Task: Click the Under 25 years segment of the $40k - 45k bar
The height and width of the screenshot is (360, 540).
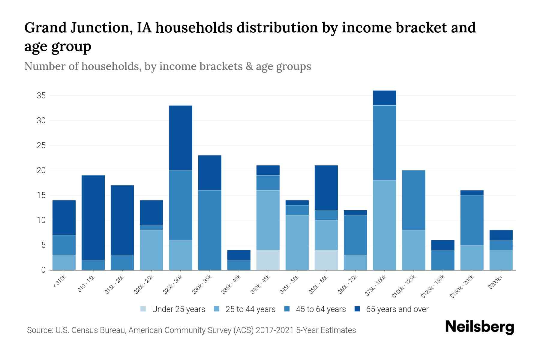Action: pyautogui.click(x=268, y=260)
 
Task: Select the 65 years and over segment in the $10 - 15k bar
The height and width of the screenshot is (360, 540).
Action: pyautogui.click(x=93, y=217)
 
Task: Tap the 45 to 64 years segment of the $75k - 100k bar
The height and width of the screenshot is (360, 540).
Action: pyautogui.click(x=384, y=143)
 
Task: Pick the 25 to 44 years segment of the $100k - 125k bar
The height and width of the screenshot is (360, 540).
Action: pyautogui.click(x=413, y=250)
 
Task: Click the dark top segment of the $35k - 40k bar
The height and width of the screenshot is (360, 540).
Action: pyautogui.click(x=239, y=255)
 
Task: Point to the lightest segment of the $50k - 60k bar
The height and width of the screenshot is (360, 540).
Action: pyautogui.click(x=326, y=260)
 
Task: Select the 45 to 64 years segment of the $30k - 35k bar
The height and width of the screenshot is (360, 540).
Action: pyautogui.click(x=210, y=230)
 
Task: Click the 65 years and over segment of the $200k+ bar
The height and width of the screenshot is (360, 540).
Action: pyautogui.click(x=501, y=235)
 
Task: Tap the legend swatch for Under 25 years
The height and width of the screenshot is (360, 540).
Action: pyautogui.click(x=143, y=309)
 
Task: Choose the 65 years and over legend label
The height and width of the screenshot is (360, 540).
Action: pyautogui.click(x=397, y=309)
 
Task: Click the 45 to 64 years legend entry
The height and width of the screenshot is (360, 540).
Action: pyautogui.click(x=321, y=309)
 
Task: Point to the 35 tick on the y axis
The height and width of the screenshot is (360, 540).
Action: pyautogui.click(x=41, y=96)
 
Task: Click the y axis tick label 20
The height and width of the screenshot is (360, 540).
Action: pyautogui.click(x=41, y=170)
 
